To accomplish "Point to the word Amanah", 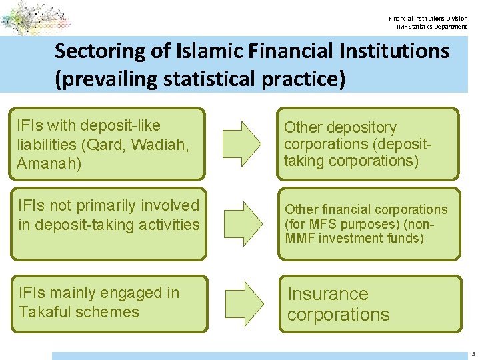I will [x=49, y=163].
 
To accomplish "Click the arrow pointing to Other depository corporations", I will [x=242, y=137].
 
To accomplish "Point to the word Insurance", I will [x=327, y=294].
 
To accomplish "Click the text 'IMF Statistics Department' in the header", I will [x=432, y=27].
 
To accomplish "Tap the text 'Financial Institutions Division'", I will [x=428, y=18].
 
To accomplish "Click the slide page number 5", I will [x=472, y=353].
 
